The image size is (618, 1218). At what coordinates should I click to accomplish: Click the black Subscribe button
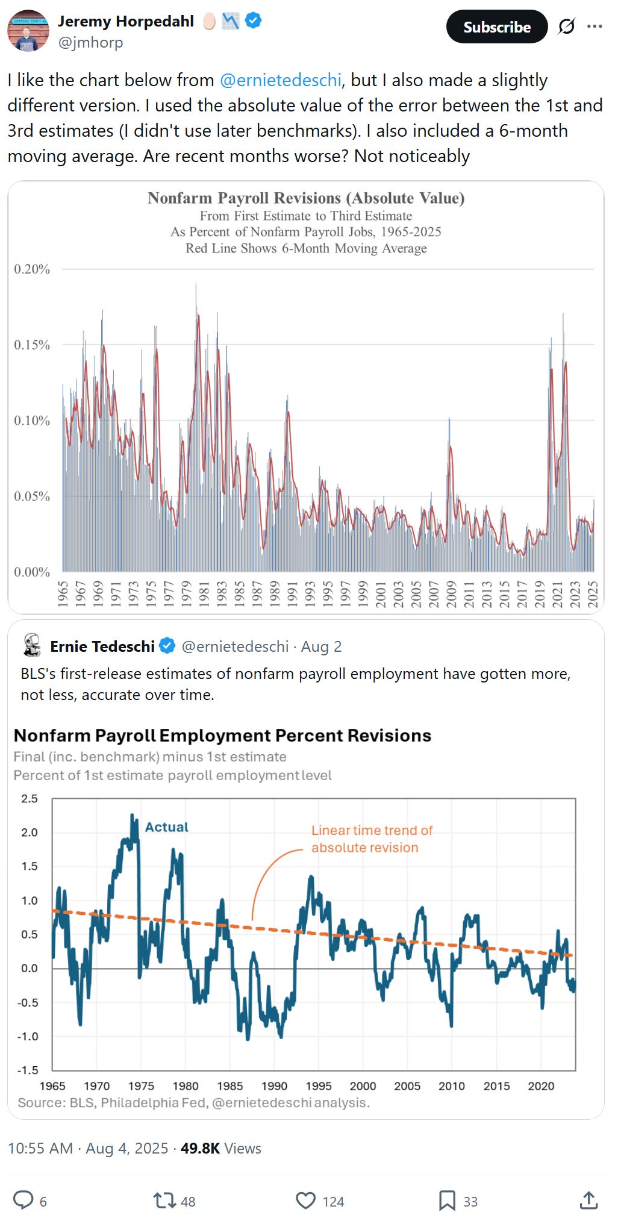496,27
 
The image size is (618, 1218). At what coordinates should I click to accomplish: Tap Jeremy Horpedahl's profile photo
28,31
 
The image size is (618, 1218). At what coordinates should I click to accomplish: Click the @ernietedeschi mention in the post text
281,80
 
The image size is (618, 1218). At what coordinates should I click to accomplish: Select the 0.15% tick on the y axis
32,345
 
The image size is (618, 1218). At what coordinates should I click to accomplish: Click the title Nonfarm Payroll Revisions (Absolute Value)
306,198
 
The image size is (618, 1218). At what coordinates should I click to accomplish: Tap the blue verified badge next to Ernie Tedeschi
167,646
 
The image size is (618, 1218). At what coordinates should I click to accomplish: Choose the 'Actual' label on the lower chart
167,827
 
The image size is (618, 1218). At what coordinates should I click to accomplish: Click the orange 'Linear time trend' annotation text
372,839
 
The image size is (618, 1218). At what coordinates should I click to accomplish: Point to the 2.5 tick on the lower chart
30,799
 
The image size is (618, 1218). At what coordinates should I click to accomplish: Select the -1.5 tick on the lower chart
28,1070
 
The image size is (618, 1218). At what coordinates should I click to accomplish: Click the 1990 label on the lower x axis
274,1086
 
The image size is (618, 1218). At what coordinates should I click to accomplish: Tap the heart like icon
305,1201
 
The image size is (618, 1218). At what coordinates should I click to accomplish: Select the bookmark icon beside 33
447,1201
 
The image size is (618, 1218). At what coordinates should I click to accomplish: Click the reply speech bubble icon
23,1200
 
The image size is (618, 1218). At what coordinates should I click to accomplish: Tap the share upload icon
588,1200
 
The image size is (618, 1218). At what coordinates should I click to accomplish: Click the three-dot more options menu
595,27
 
